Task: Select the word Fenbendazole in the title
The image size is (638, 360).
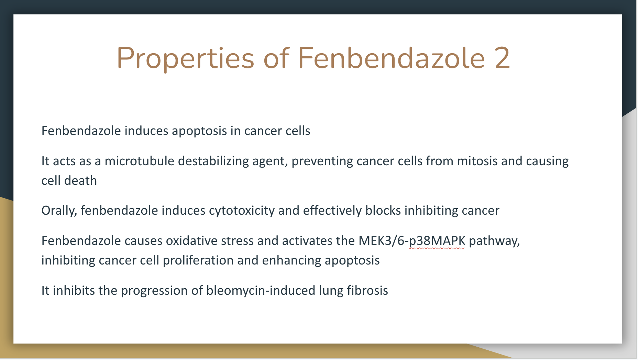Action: (x=392, y=57)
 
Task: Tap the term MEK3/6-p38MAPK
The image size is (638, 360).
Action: (x=412, y=241)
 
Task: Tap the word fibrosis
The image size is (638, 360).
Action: (x=367, y=290)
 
